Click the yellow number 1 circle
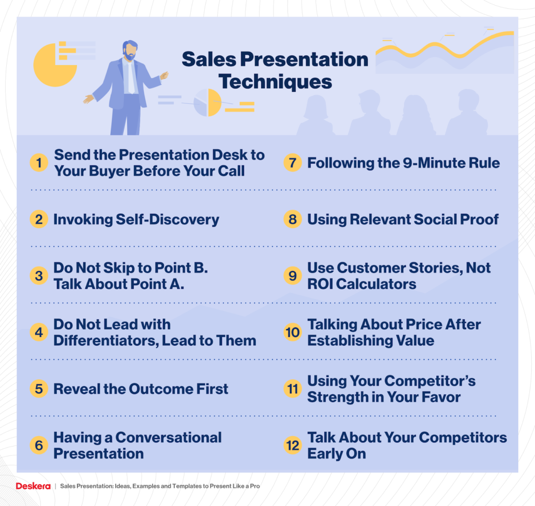coord(39,163)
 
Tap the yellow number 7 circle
coord(293,163)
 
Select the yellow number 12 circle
coord(293,445)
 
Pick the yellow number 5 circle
coord(39,389)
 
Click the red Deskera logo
coord(33,486)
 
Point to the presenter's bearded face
coord(130,51)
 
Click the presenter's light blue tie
coord(131,77)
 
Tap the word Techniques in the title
coord(275,82)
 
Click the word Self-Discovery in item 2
coord(167,220)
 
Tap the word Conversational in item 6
coord(169,438)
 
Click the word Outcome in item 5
coord(160,389)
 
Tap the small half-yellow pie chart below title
coord(208,103)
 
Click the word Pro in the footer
coord(255,486)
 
